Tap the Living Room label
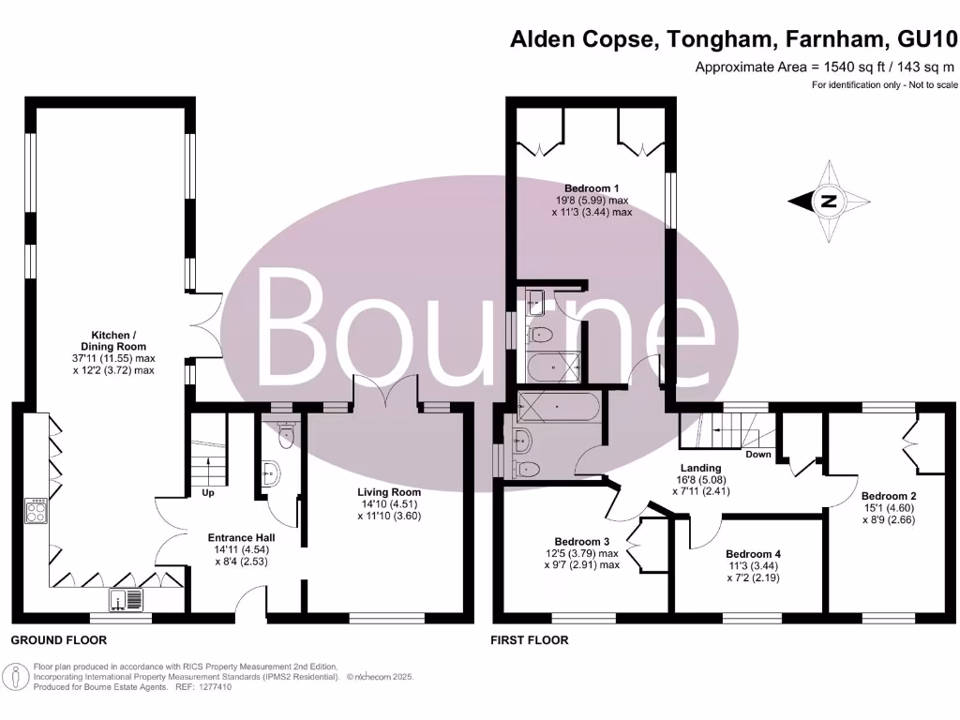388,491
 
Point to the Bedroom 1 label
592,187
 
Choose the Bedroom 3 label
582,541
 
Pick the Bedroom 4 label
753,553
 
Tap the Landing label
700,468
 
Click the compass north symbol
827,201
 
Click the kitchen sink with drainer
127,599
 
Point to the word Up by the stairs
209,492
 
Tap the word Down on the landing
757,454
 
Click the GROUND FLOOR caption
58,640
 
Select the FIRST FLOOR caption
530,640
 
